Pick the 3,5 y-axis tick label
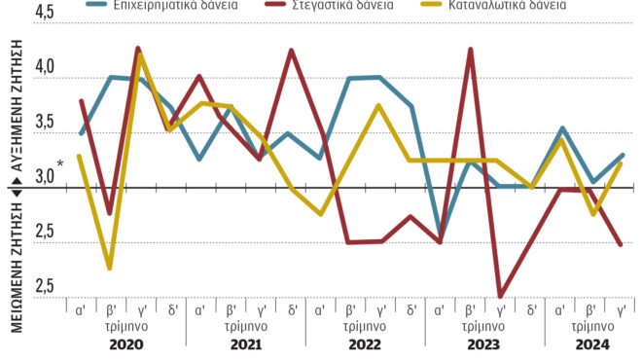click(x=46, y=125)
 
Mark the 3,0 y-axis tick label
click(x=46, y=179)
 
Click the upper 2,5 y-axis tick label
click(x=46, y=234)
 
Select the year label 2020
click(x=125, y=344)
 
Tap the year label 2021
click(x=245, y=344)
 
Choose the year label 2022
click(x=366, y=344)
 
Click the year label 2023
click(x=485, y=344)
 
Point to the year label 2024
click(x=591, y=344)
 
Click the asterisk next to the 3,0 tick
click(x=61, y=163)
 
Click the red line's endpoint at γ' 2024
click(x=622, y=245)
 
